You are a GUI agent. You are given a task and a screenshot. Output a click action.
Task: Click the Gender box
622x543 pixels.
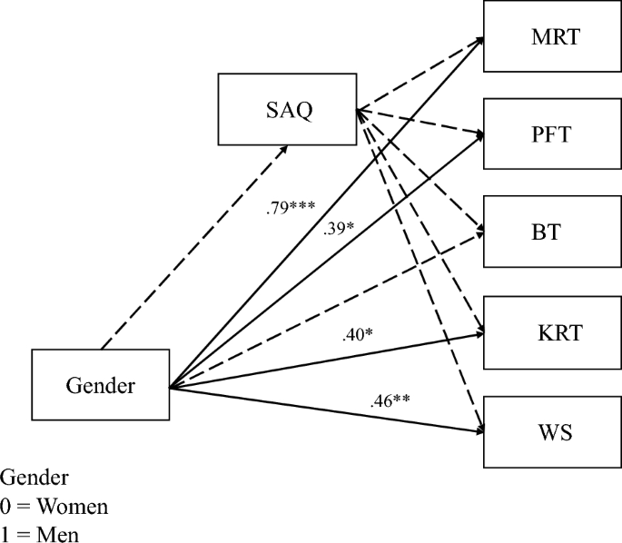point(101,385)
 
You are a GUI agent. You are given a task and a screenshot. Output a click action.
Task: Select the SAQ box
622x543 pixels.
point(288,111)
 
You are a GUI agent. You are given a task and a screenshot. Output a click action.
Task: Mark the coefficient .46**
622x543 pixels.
point(391,400)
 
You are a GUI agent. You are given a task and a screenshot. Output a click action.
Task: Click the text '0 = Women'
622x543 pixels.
point(41,505)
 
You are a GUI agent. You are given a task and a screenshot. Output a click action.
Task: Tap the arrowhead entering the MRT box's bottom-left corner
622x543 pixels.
point(478,42)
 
